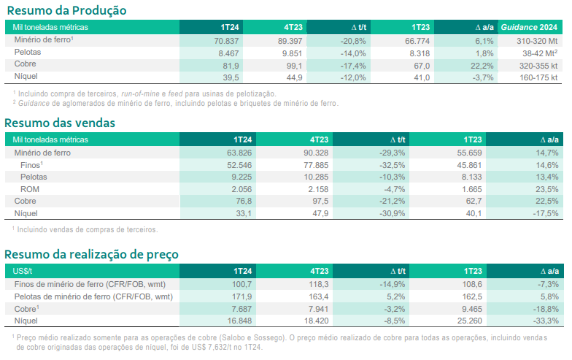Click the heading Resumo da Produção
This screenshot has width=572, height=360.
(x=66, y=10)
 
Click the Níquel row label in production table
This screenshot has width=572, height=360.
(x=26, y=76)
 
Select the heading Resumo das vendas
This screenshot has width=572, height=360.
(x=60, y=123)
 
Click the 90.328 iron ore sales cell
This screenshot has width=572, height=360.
(x=311, y=153)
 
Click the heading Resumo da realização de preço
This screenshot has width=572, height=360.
(x=91, y=253)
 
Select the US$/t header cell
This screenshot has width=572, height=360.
(x=25, y=271)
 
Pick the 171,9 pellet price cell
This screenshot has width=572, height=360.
(x=241, y=296)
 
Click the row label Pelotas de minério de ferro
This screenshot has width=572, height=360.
(x=93, y=296)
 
